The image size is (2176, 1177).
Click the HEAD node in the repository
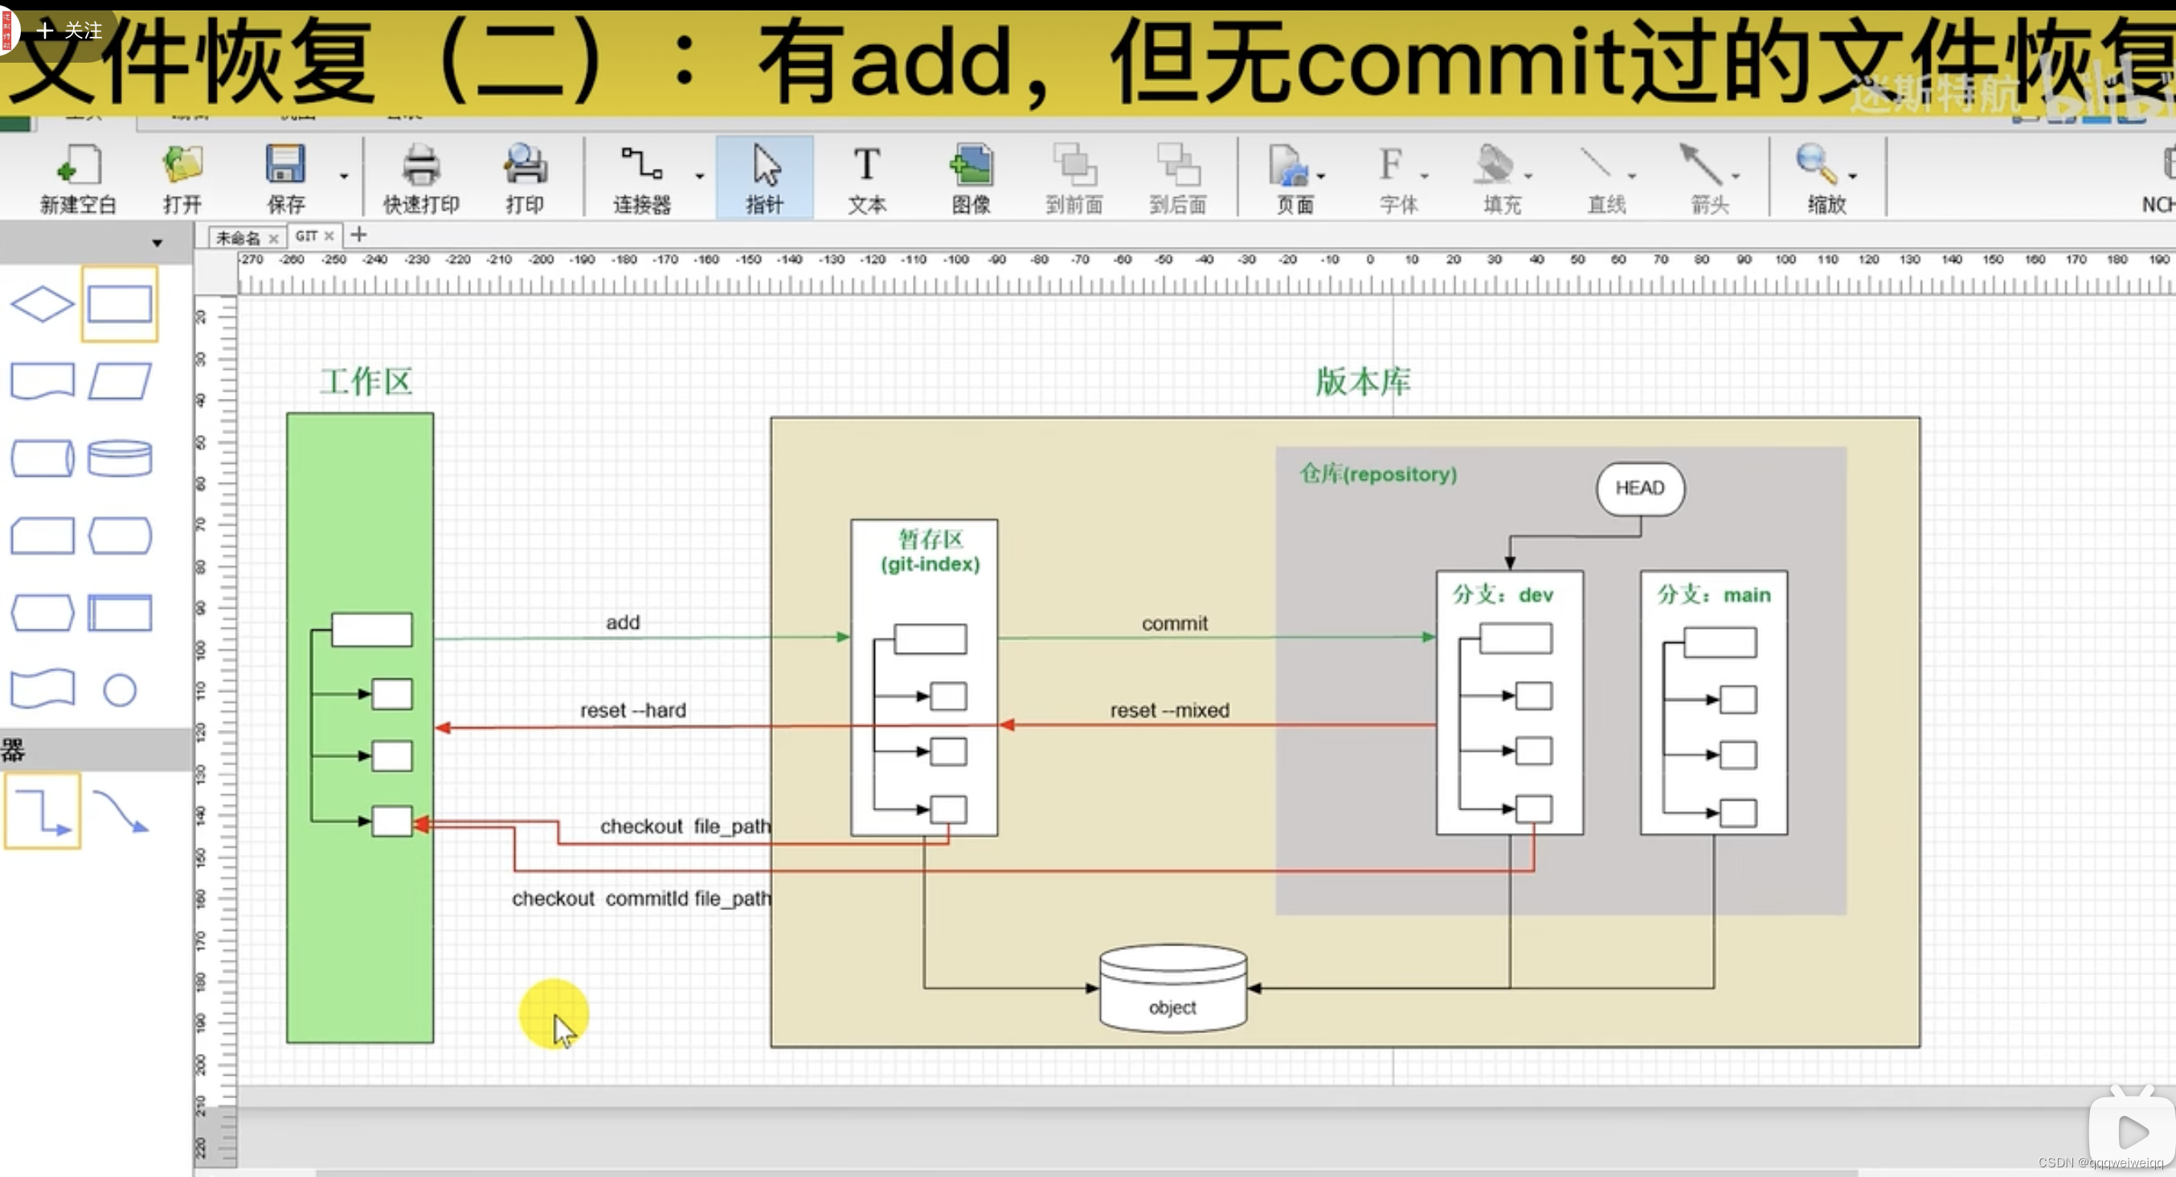tap(1639, 488)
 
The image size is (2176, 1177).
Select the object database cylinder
tap(1172, 989)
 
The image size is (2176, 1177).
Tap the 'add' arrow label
tap(623, 623)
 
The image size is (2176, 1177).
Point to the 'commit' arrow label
tap(1174, 624)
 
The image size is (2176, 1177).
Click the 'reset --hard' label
tap(632, 711)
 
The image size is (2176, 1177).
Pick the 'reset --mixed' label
tap(1169, 711)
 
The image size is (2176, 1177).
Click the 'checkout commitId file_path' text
tap(641, 898)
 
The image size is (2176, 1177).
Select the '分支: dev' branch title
tap(1503, 595)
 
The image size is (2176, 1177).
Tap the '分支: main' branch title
tap(1713, 595)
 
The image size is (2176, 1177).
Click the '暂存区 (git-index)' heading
tap(930, 552)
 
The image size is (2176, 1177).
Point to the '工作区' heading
tap(366, 382)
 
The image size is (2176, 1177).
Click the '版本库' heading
tap(1363, 382)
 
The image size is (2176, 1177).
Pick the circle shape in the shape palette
tap(120, 691)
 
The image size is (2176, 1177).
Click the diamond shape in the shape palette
tap(42, 304)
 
